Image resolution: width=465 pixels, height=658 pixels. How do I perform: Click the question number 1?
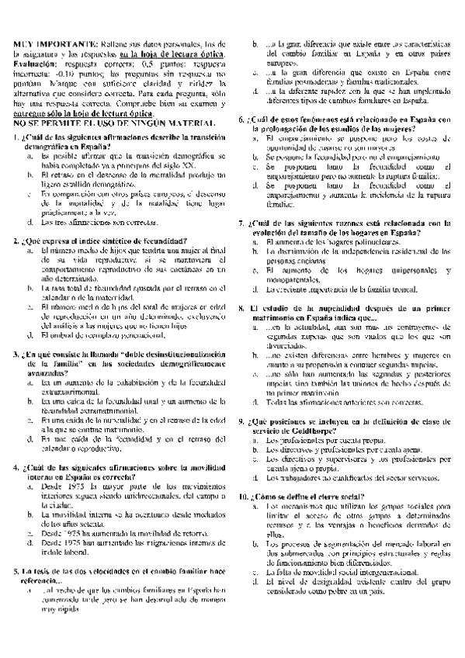(x=17, y=138)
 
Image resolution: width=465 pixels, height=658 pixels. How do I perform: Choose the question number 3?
(x=17, y=334)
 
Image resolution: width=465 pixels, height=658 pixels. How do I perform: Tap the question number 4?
(x=17, y=469)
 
